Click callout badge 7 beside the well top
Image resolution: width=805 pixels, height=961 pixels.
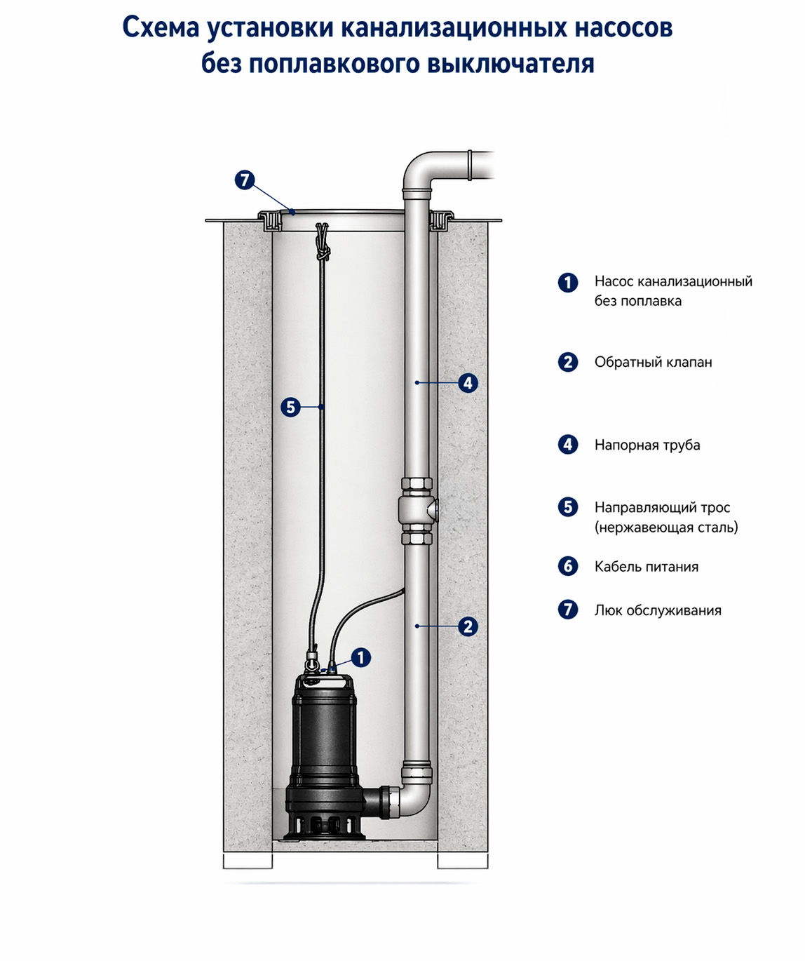pos(244,180)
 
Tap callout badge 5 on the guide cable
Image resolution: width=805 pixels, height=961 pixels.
pos(290,407)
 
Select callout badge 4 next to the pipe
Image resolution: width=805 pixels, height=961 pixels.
pos(468,383)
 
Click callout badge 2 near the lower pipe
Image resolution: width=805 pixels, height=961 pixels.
pos(468,626)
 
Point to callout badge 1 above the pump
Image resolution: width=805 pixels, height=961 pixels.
pos(360,658)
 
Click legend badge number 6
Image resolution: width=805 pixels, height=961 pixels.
pos(568,567)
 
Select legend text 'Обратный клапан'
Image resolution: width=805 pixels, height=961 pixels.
pos(654,362)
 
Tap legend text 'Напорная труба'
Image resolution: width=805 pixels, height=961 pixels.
pos(647,445)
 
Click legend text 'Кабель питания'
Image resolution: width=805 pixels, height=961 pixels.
pos(647,567)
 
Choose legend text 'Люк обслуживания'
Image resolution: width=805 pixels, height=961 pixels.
pos(658,610)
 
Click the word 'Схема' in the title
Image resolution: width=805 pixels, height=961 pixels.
pos(161,27)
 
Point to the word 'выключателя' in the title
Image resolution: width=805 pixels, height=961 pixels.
pos(511,64)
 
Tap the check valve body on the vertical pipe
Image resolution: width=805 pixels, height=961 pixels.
pos(418,511)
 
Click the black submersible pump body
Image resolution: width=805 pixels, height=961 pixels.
pos(324,755)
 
